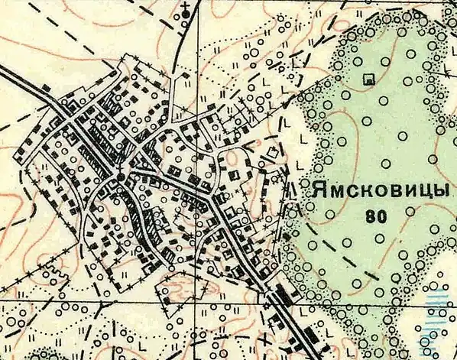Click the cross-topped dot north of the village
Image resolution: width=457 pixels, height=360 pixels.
pyautogui.click(x=186, y=16)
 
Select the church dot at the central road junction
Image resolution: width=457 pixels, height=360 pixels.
pyautogui.click(x=120, y=177)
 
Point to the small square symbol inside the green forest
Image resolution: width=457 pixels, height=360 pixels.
pyautogui.click(x=371, y=78)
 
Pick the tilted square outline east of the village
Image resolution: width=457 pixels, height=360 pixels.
pyautogui.click(x=269, y=156)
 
